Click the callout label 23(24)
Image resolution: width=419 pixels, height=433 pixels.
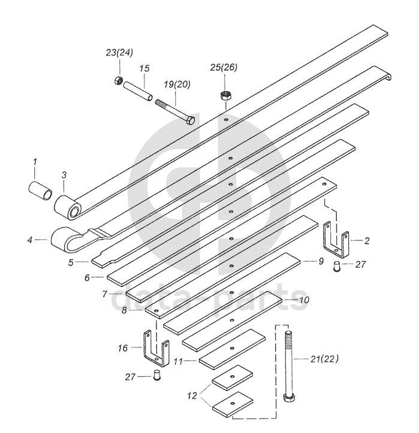pyautogui.click(x=119, y=53)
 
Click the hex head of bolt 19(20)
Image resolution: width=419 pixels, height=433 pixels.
pyautogui.click(x=189, y=120)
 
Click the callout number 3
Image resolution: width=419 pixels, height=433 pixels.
pyautogui.click(x=64, y=175)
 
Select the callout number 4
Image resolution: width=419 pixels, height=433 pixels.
pyautogui.click(x=29, y=240)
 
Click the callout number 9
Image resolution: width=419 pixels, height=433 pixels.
pyautogui.click(x=321, y=261)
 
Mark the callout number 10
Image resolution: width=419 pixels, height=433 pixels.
pyautogui.click(x=305, y=299)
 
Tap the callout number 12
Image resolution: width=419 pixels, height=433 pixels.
pyautogui.click(x=192, y=395)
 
